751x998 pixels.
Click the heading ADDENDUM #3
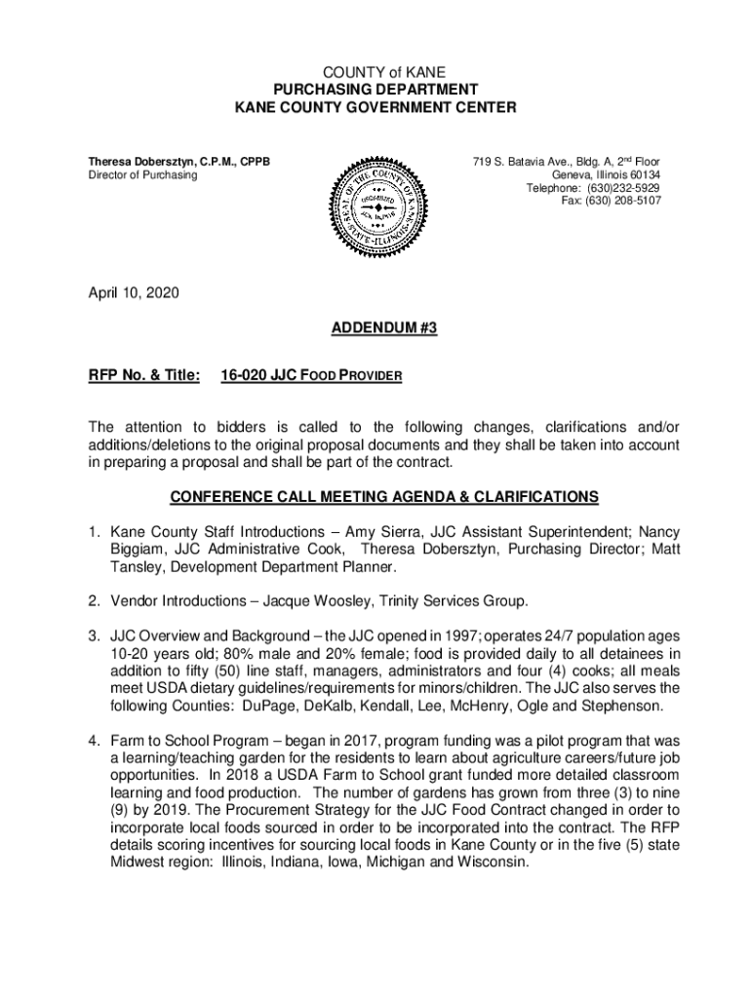point(375,329)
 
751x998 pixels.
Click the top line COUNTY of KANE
point(375,73)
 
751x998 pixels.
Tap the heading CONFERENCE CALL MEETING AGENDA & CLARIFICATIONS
point(384,497)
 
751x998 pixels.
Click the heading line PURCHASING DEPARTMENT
point(375,90)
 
